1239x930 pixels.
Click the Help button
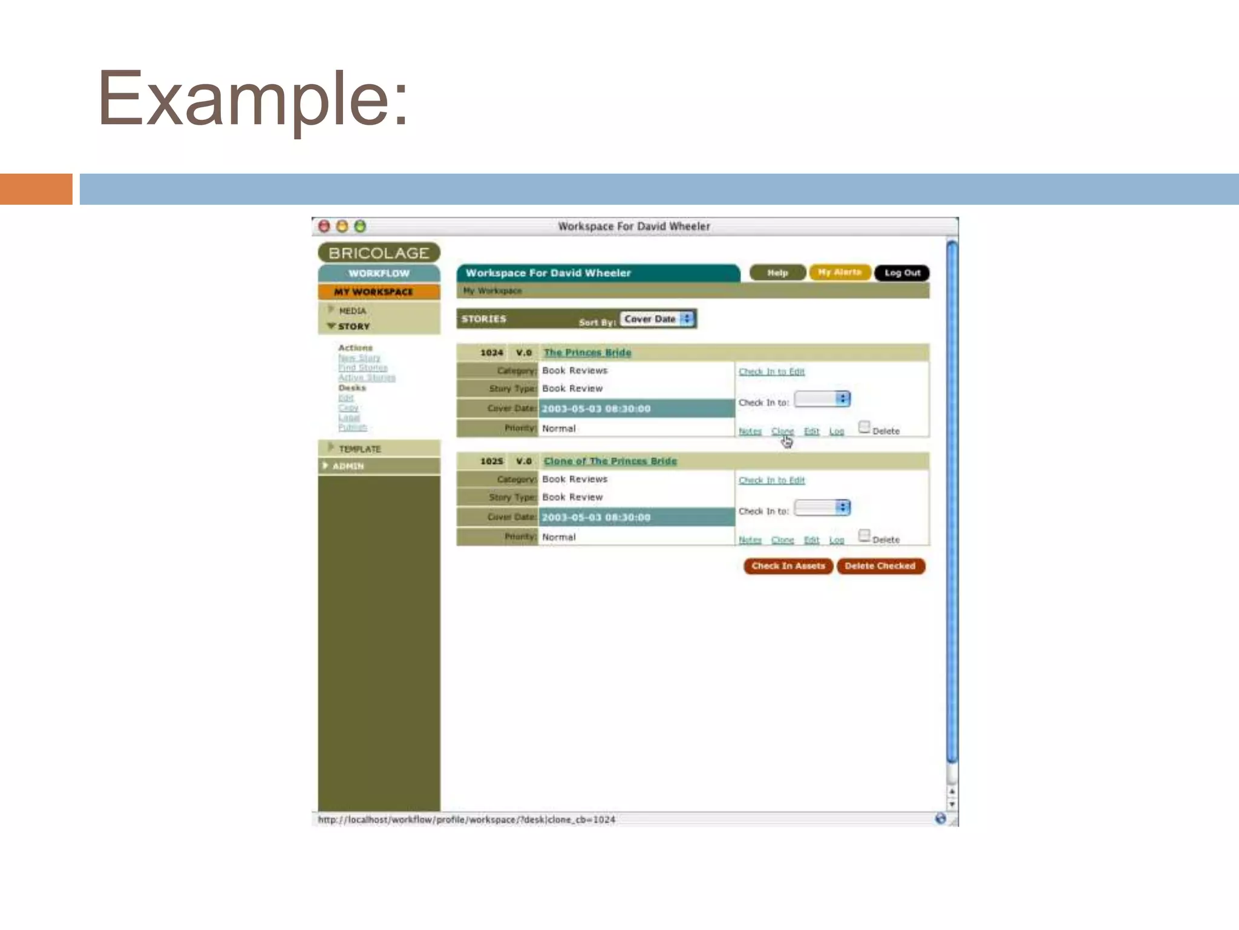tap(777, 273)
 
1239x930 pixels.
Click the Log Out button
tap(902, 273)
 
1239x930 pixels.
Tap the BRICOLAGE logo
tap(379, 253)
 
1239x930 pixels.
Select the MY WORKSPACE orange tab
tap(379, 292)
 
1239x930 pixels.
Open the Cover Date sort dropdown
tap(658, 319)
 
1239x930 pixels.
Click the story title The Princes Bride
tap(587, 352)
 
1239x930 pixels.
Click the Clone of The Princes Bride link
tap(610, 461)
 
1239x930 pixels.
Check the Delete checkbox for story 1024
tap(864, 427)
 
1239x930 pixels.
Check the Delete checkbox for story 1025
tap(864, 536)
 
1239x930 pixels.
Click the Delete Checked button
tap(880, 566)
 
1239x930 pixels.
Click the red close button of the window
tap(324, 226)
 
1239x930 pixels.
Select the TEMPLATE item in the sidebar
tap(359, 449)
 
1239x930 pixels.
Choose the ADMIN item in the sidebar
tap(348, 466)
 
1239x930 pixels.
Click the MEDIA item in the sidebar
tap(352, 311)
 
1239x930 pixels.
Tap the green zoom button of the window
tap(360, 226)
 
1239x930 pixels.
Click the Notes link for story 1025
tap(750, 540)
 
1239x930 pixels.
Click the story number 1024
tap(491, 352)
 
